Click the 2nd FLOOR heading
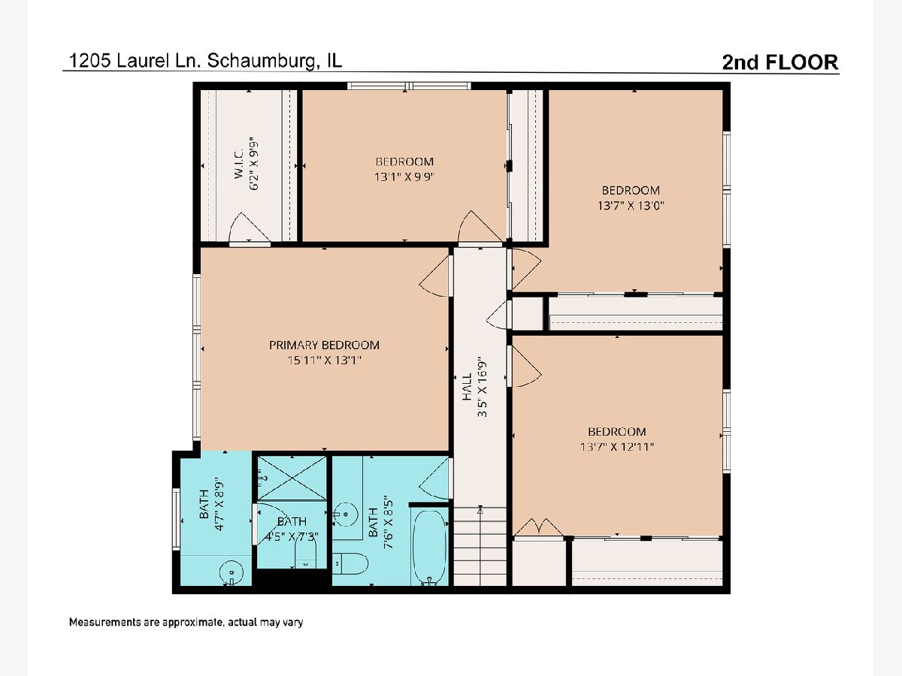[780, 62]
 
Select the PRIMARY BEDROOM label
[324, 346]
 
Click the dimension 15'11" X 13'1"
[324, 361]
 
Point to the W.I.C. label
[239, 163]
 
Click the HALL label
[467, 387]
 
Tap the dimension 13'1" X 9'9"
[404, 177]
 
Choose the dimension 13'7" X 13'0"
[631, 205]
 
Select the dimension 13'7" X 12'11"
[617, 447]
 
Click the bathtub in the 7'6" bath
[429, 547]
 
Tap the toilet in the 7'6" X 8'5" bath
[350, 564]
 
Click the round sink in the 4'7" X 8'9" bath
[232, 572]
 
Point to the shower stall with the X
[292, 478]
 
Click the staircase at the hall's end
[480, 546]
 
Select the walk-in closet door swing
[249, 228]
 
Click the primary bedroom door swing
[434, 276]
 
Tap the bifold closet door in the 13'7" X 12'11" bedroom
[538, 527]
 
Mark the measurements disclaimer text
[186, 622]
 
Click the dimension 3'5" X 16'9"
[482, 387]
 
